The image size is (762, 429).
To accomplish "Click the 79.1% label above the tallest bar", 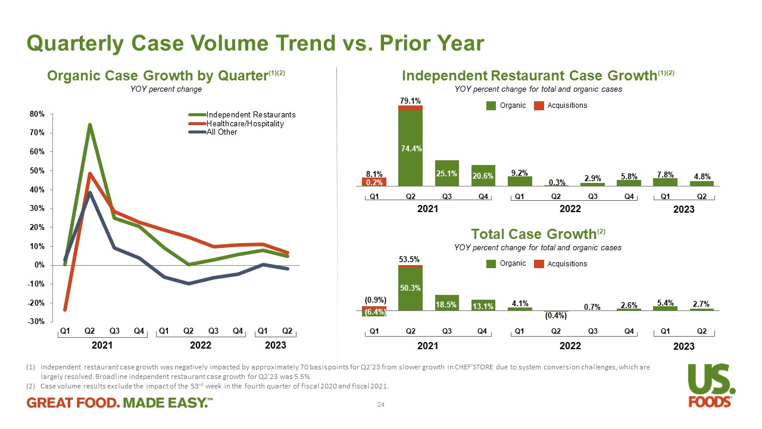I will [410, 101].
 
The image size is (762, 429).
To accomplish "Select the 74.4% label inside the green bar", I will [410, 149].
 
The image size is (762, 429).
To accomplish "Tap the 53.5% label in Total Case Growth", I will [410, 259].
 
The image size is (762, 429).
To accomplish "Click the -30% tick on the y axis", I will [39, 322].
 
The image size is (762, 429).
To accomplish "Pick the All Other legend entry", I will [221, 132].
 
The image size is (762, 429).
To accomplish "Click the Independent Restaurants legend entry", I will [251, 114].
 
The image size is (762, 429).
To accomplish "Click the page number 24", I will [381, 405].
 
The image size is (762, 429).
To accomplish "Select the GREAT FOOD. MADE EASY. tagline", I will [120, 404].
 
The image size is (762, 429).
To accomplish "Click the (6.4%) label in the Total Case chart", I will [374, 312].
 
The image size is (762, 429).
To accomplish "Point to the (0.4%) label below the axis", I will [555, 316].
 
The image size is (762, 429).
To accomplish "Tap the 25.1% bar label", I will [446, 174].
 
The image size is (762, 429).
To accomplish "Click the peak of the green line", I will [89, 125].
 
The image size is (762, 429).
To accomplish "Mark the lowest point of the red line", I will [64, 310].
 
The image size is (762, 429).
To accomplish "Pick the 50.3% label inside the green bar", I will [410, 288].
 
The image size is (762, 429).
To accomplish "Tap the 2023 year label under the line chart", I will [275, 345].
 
